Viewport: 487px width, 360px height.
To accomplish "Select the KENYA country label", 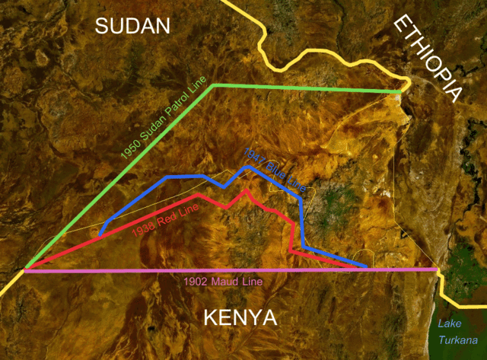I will click(240, 317).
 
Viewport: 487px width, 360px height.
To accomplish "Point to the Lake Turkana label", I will click(459, 332).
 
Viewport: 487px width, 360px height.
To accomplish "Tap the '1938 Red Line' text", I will click(164, 218).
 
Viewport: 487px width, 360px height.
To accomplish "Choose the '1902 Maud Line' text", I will click(223, 282).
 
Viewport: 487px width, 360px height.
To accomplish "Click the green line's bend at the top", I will click(215, 85).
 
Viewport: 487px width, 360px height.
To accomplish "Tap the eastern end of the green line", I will click(400, 92).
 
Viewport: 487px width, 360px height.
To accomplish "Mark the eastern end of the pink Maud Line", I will click(438, 269).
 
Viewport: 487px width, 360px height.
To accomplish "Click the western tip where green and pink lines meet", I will click(26, 269).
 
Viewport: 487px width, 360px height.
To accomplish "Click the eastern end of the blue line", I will click(368, 267).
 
